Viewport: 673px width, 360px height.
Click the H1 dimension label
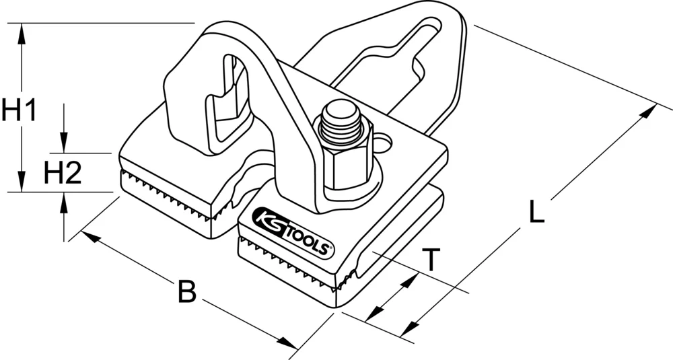(18, 110)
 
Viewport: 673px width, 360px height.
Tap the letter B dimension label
(186, 292)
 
